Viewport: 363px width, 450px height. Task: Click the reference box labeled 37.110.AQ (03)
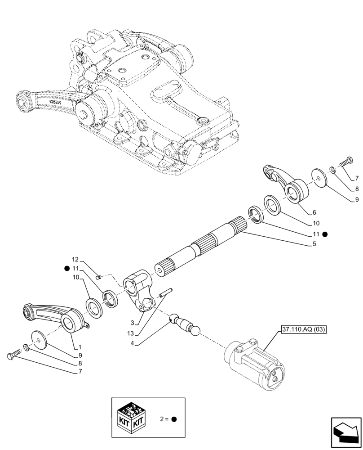[x=304, y=329]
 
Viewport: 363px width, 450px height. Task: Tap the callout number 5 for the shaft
[x=314, y=244]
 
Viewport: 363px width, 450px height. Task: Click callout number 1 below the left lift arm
[x=80, y=347]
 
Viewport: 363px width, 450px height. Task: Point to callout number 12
[x=75, y=260]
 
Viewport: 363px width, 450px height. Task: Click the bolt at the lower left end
[x=12, y=356]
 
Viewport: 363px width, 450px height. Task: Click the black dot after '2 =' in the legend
[x=174, y=419]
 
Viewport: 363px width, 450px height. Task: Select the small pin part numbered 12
[x=101, y=277]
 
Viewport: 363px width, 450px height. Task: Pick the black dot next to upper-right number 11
[x=325, y=234]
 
